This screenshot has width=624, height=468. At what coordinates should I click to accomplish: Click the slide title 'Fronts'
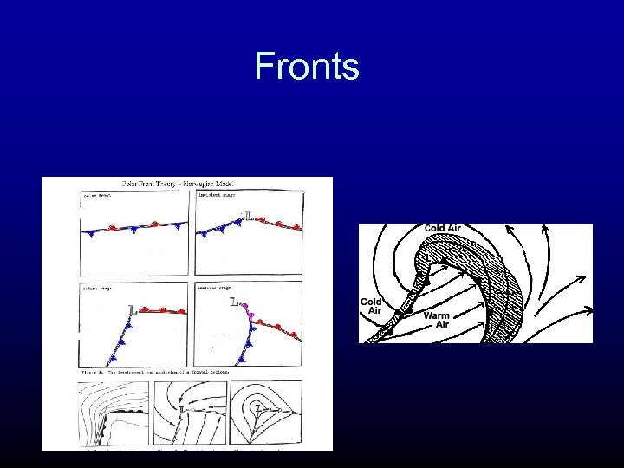click(307, 67)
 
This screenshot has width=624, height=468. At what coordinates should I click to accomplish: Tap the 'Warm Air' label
click(436, 321)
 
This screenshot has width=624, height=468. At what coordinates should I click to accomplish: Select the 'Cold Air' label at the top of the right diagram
click(442, 229)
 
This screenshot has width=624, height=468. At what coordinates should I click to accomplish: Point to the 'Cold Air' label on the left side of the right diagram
click(371, 306)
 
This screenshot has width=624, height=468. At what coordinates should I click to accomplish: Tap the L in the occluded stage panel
click(234, 303)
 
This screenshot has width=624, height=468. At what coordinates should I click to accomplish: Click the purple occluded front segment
click(251, 314)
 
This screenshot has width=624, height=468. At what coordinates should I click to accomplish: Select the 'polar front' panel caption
click(97, 197)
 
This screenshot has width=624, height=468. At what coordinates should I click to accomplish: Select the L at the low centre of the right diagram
click(426, 257)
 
